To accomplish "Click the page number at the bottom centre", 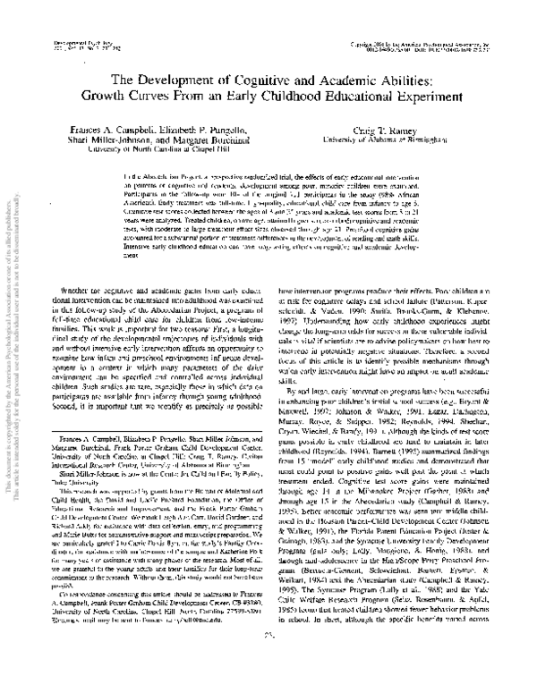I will pos(268,684).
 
